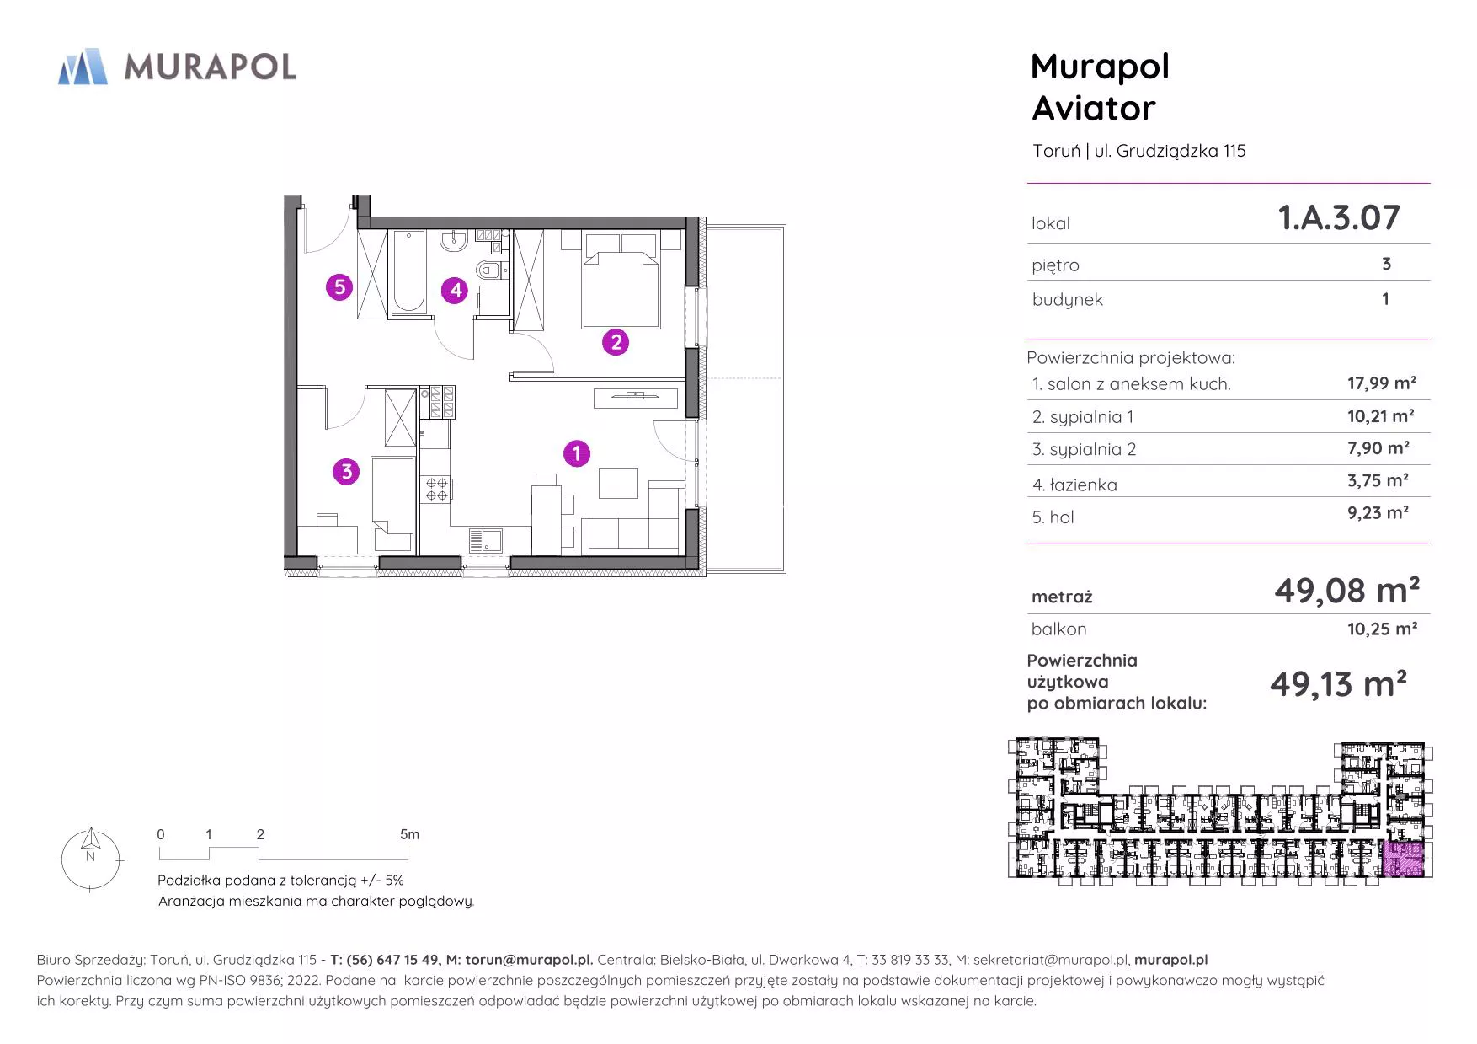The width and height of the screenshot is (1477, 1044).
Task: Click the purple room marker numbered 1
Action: pyautogui.click(x=577, y=453)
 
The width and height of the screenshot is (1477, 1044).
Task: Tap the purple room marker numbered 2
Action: pyautogui.click(x=616, y=342)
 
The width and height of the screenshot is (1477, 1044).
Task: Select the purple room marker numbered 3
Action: pyautogui.click(x=346, y=471)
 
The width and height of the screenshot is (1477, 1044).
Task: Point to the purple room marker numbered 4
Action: pyautogui.click(x=455, y=291)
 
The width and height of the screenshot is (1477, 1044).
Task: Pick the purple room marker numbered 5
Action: pyautogui.click(x=339, y=287)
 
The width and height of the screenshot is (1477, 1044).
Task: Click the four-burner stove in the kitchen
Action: pyautogui.click(x=436, y=489)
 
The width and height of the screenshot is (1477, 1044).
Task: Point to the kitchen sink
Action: pyautogui.click(x=485, y=541)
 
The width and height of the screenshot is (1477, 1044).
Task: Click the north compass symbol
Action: pyautogui.click(x=90, y=859)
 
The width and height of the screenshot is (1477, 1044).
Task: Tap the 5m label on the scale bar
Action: pyautogui.click(x=409, y=834)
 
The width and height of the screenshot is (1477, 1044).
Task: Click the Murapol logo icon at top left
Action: pyautogui.click(x=83, y=67)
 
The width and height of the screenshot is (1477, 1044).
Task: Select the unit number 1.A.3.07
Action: pyautogui.click(x=1339, y=217)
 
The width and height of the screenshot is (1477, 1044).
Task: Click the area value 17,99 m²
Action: pyautogui.click(x=1381, y=383)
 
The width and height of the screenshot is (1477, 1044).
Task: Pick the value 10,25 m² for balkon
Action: pyautogui.click(x=1382, y=629)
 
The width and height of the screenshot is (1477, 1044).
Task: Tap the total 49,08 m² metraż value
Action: pyautogui.click(x=1346, y=591)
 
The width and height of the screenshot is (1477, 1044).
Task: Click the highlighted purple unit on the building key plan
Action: pyautogui.click(x=1405, y=859)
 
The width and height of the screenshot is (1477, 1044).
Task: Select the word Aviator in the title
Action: pyautogui.click(x=1094, y=108)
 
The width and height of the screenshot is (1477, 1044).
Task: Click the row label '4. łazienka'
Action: pyautogui.click(x=1074, y=485)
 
